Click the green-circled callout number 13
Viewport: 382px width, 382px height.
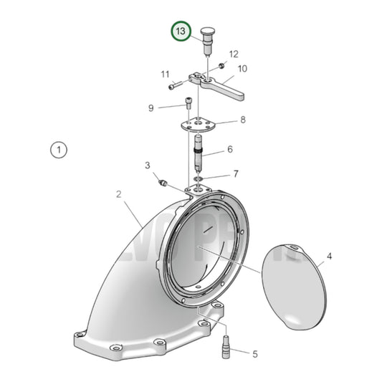[181, 32]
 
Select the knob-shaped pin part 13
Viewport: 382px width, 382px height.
[209, 40]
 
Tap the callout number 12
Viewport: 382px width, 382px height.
[234, 54]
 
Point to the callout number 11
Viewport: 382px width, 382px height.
[166, 74]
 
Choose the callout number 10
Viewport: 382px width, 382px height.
[242, 69]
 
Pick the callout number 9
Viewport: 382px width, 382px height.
[151, 108]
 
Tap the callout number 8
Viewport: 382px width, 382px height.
[242, 120]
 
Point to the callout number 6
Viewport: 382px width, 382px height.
[230, 150]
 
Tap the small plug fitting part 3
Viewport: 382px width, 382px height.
[163, 184]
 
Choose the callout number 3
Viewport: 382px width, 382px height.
[148, 166]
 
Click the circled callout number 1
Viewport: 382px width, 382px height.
[58, 151]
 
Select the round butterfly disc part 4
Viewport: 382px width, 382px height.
[292, 285]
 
